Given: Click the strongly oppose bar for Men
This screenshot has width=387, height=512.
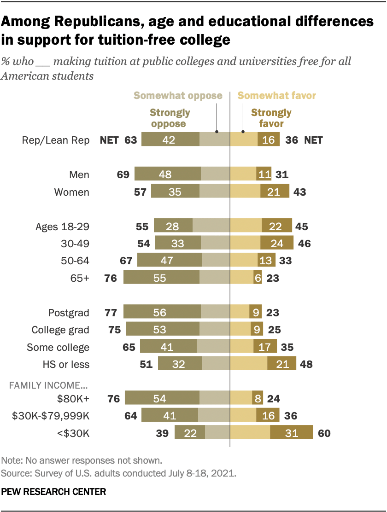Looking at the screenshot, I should [x=168, y=175].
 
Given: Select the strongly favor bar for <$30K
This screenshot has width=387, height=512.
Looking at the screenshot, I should [x=291, y=433].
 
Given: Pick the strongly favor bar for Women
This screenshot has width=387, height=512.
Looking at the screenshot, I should [x=275, y=192].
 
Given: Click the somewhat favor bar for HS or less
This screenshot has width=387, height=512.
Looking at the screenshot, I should [x=249, y=364].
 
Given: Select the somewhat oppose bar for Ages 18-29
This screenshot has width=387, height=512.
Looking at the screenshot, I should [x=211, y=226].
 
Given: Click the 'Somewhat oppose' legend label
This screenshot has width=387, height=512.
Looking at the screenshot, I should [x=178, y=96].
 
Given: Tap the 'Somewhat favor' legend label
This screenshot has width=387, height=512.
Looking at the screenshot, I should [x=276, y=96].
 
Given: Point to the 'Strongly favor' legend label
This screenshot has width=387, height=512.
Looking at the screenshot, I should [x=271, y=118].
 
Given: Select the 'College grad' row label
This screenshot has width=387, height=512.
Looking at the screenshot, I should [x=60, y=330].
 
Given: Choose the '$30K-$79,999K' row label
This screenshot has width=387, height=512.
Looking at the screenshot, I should [x=50, y=416].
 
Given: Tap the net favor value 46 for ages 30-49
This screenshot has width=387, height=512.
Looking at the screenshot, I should [x=304, y=244].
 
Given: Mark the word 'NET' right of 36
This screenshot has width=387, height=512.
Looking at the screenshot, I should [x=313, y=140].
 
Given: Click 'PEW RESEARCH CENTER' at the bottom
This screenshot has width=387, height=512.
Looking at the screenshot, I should [x=53, y=492].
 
